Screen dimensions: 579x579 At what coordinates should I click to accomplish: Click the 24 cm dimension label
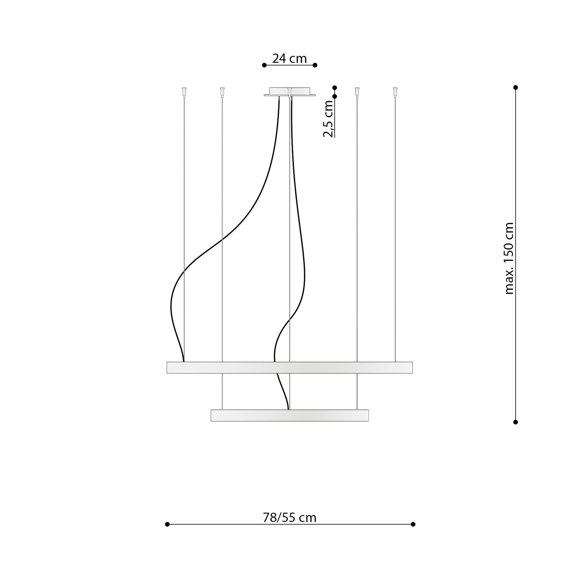tap(289, 58)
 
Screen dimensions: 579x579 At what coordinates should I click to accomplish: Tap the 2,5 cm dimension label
tap(328, 119)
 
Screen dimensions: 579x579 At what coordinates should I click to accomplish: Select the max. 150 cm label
tap(509, 258)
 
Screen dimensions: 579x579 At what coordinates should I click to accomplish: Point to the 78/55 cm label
tap(289, 518)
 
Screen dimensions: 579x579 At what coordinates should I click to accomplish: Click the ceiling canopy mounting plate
tap(289, 92)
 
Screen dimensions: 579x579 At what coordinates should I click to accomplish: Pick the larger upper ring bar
tap(289, 367)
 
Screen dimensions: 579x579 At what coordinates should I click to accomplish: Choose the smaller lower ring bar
tap(289, 415)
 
